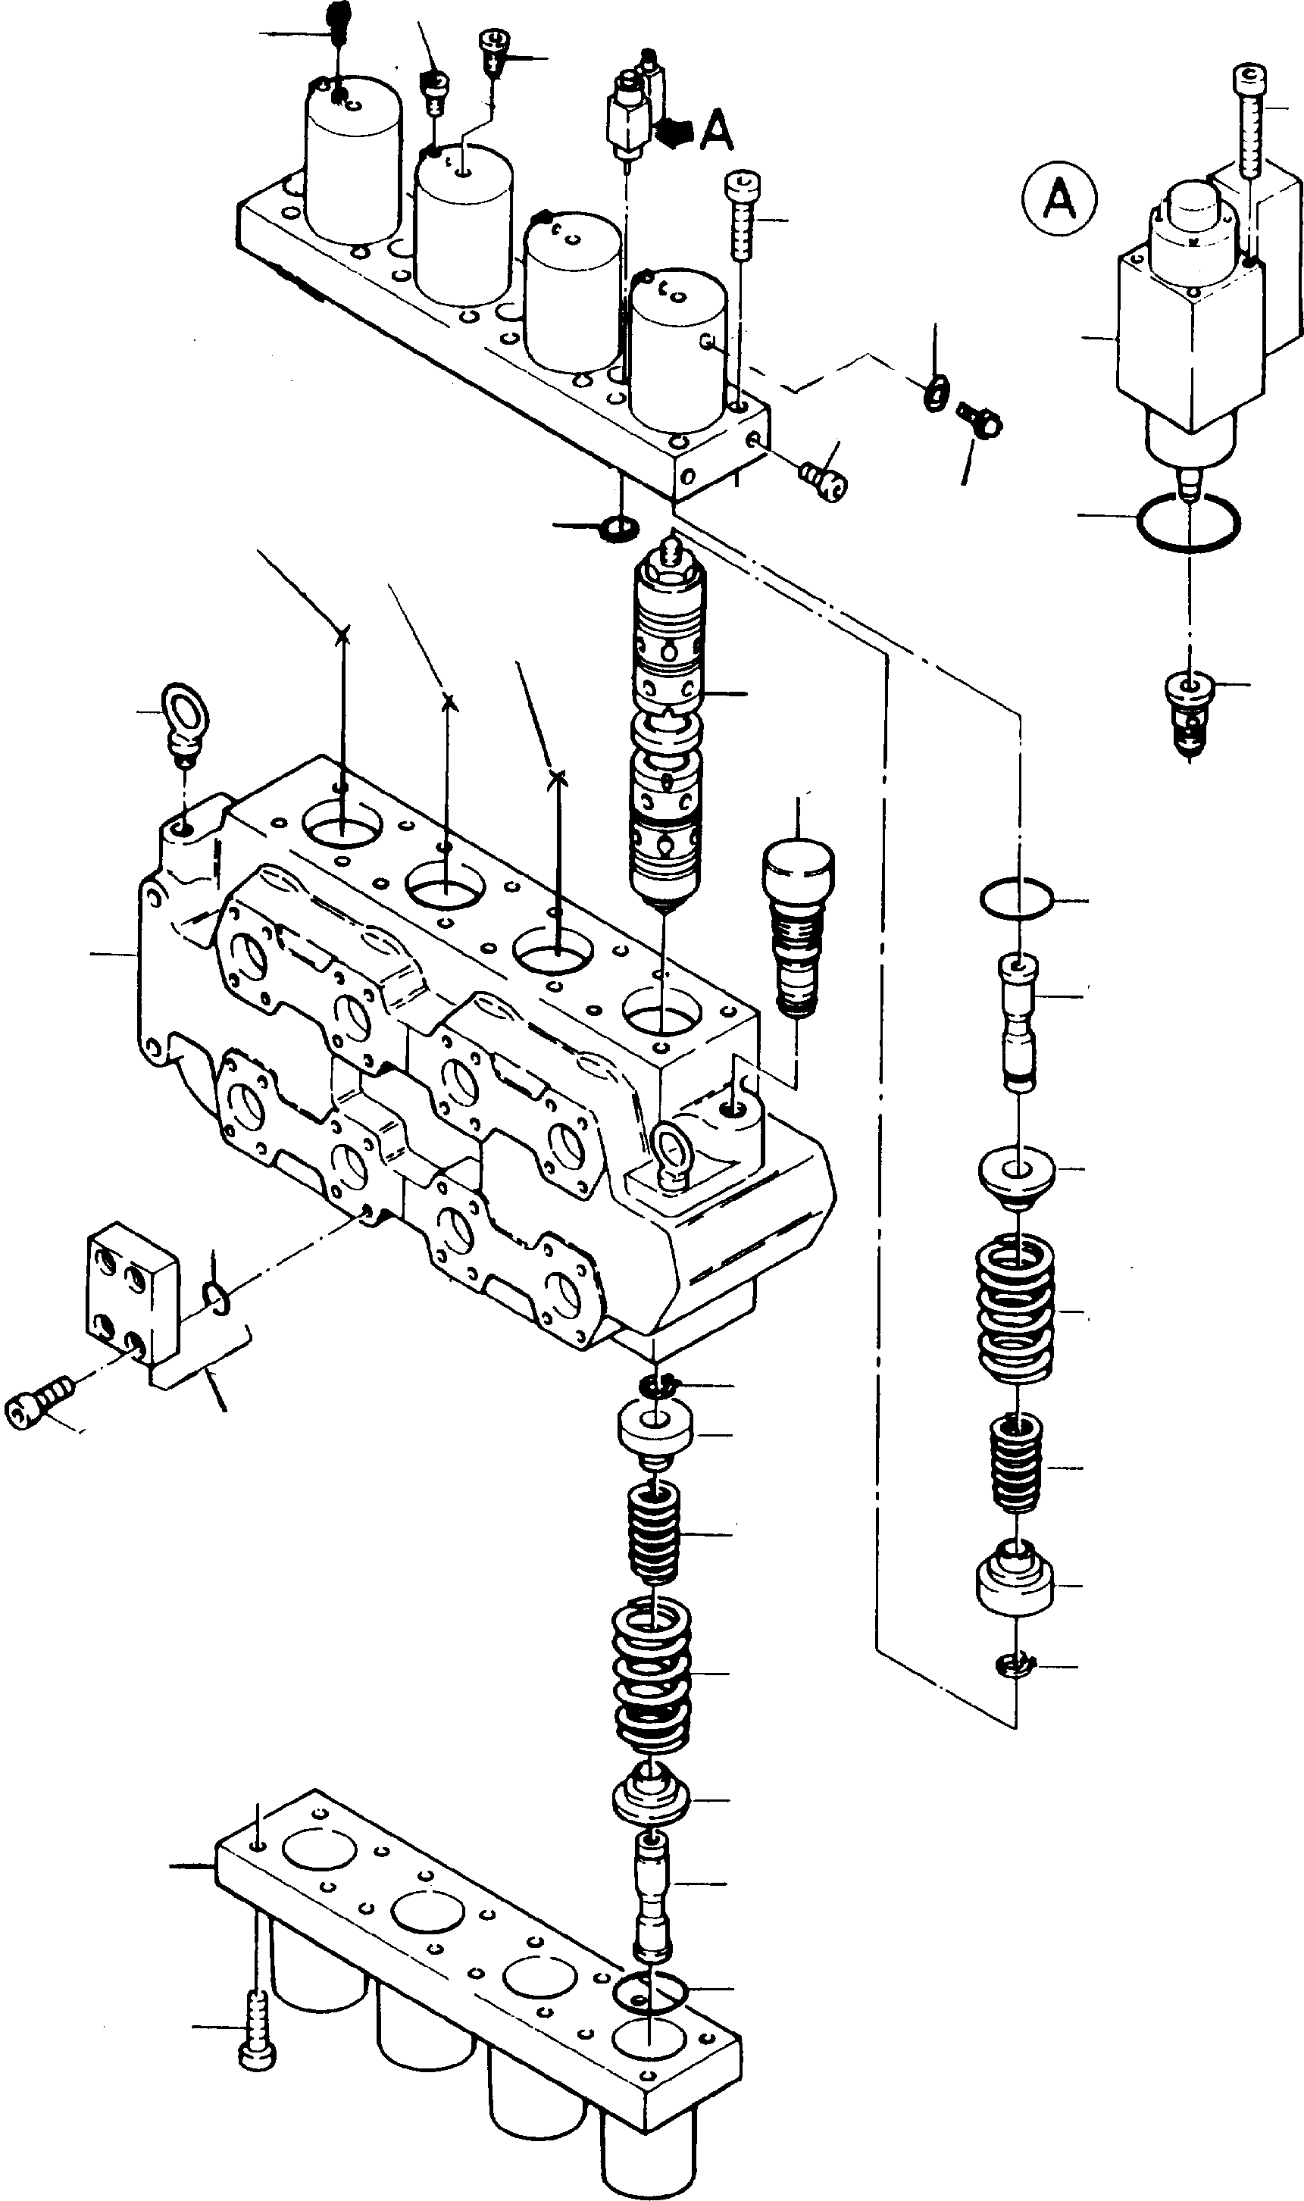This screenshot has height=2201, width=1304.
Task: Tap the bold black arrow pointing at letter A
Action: pos(674,133)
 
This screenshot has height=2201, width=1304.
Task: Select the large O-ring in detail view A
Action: pos(1188,523)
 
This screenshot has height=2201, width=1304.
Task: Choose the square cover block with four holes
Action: pos(132,1303)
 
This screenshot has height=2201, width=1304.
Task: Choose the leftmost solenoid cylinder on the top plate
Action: pos(353,163)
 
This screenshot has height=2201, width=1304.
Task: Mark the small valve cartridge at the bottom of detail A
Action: pos(1188,709)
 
